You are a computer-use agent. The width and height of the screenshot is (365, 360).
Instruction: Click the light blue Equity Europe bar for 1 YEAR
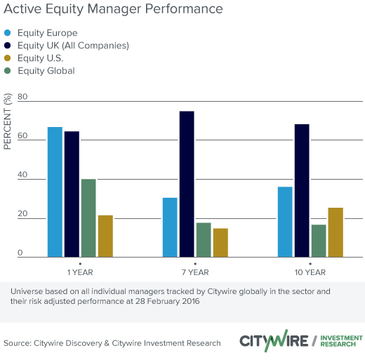click(55, 192)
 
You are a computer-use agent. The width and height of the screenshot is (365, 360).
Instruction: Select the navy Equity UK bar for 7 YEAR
click(187, 184)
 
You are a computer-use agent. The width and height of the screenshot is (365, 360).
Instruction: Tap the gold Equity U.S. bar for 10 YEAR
click(336, 232)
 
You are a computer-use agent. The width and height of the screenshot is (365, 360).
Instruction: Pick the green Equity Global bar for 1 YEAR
click(88, 218)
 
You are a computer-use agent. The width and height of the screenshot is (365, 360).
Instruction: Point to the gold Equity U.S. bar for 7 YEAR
click(220, 243)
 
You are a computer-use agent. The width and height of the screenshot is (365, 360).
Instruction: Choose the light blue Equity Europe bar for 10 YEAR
click(285, 222)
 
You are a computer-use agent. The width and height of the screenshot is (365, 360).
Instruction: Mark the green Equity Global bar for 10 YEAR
click(319, 241)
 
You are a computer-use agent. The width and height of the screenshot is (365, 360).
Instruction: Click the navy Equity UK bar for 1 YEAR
click(72, 194)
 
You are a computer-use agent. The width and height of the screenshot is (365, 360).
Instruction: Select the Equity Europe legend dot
click(8, 33)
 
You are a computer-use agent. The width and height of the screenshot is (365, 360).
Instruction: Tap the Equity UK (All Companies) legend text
click(73, 46)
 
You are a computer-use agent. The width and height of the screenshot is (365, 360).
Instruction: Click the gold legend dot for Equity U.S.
click(8, 58)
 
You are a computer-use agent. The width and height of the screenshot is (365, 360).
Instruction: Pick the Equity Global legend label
click(46, 71)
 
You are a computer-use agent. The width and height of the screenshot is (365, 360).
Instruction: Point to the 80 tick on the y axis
click(22, 97)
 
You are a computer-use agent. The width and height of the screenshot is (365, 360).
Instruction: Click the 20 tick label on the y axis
click(22, 213)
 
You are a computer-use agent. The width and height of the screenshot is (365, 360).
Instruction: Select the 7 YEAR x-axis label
click(195, 272)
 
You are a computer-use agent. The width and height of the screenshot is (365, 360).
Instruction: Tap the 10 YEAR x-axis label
click(310, 272)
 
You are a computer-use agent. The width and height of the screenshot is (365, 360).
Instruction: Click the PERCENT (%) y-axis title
click(8, 121)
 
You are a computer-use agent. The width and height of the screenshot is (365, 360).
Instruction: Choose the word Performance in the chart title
click(184, 9)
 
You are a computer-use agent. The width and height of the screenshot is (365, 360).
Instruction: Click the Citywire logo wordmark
click(274, 340)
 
